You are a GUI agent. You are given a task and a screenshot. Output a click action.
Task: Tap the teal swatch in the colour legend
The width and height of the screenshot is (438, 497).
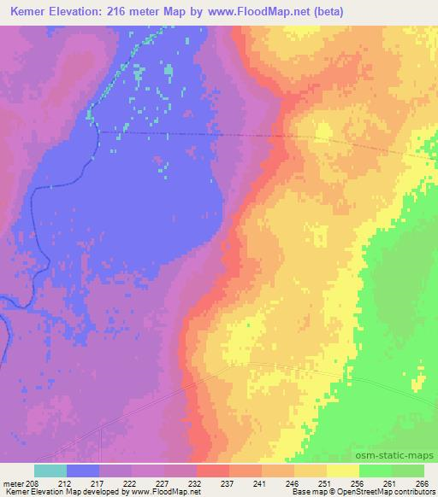point(50,471)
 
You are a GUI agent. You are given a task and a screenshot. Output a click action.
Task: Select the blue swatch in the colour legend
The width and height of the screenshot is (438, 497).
point(83,471)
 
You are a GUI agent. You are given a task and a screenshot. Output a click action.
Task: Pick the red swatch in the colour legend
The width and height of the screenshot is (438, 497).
point(213,471)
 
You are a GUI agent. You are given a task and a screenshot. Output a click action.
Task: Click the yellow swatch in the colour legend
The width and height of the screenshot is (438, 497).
point(343,471)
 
